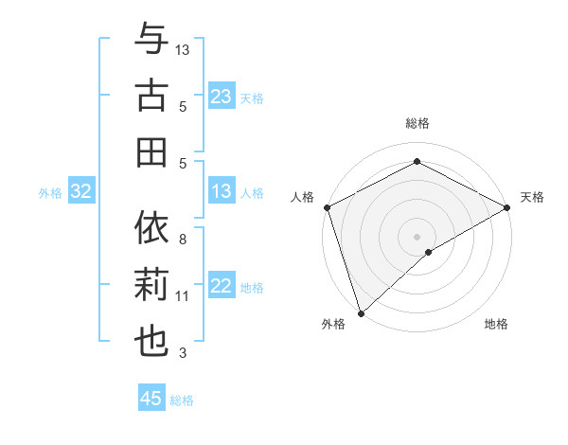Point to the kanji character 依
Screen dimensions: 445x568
tap(151, 228)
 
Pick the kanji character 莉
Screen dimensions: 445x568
tap(151, 285)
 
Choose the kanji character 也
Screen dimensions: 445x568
tap(151, 342)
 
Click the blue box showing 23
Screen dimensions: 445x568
tap(222, 97)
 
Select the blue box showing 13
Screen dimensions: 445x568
tap(222, 192)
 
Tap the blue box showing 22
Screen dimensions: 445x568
tap(222, 287)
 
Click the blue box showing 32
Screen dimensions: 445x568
tap(80, 192)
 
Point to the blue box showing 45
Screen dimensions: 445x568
tap(151, 399)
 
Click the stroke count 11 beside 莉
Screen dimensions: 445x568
tap(183, 296)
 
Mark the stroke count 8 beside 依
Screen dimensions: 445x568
tap(183, 240)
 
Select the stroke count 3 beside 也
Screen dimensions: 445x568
tap(183, 353)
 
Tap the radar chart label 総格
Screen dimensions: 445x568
tap(417, 123)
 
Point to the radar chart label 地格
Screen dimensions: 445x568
tap(496, 325)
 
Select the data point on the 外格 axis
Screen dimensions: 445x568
tap(361, 312)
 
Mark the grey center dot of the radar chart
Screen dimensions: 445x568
tap(417, 236)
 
